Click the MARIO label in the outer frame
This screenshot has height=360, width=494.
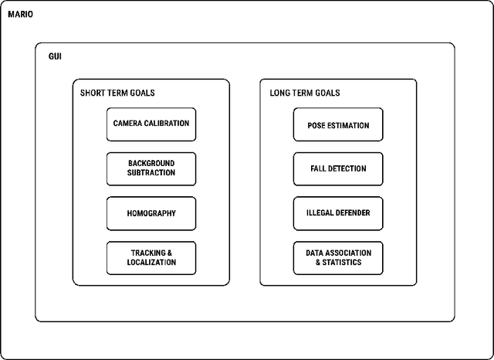tap(21, 14)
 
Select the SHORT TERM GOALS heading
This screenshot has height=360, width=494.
tap(117, 93)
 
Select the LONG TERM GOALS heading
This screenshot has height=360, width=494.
tap(304, 93)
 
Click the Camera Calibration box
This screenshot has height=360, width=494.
tap(151, 124)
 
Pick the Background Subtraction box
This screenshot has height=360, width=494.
tap(151, 168)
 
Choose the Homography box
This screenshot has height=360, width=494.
tap(151, 213)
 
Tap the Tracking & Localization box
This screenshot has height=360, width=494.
tap(151, 258)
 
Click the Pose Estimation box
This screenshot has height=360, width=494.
tap(338, 125)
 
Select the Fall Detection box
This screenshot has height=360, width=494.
tap(338, 168)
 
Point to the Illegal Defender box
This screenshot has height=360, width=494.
tap(338, 213)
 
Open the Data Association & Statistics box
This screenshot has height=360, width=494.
tap(338, 258)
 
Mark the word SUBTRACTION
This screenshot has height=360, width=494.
tap(151, 173)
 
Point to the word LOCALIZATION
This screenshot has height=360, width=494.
tap(151, 263)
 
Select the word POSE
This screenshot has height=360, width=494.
tap(306, 125)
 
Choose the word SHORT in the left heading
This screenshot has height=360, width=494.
tap(93, 93)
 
